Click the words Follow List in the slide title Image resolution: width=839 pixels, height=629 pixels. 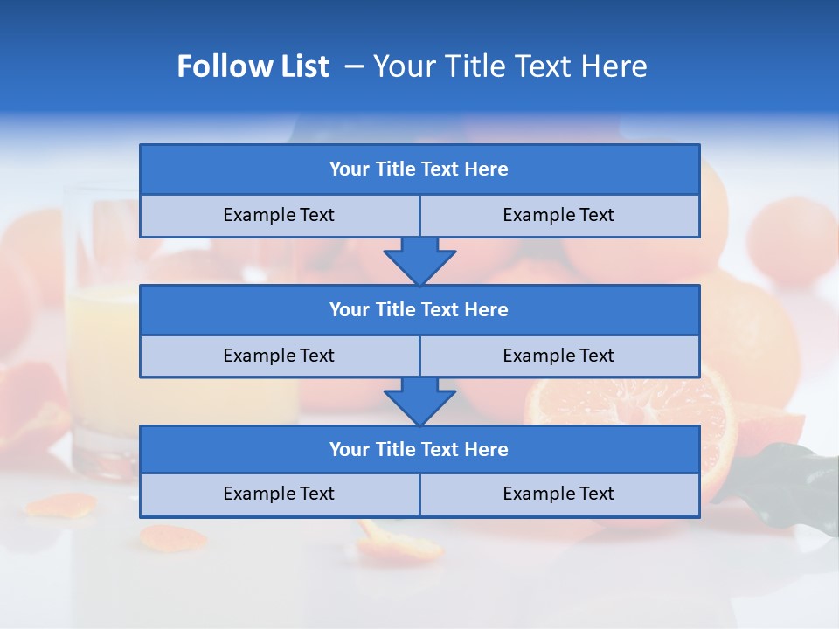pyautogui.click(x=253, y=66)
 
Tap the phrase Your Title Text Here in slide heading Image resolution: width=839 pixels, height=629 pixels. pyautogui.click(x=510, y=66)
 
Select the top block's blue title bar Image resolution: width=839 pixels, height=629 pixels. pyautogui.click(x=419, y=169)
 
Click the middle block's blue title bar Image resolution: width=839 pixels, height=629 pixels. pyautogui.click(x=419, y=310)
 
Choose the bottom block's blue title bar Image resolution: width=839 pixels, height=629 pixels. pyautogui.click(x=419, y=450)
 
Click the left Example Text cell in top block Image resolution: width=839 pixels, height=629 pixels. pyautogui.click(x=279, y=216)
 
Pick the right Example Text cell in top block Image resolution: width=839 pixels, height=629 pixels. pyautogui.click(x=559, y=216)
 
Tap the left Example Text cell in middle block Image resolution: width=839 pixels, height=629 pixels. pyautogui.click(x=279, y=356)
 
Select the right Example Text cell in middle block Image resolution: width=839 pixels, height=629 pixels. pyautogui.click(x=559, y=356)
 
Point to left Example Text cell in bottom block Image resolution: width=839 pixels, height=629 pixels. pyautogui.click(x=279, y=494)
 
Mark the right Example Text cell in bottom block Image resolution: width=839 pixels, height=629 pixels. pyautogui.click(x=559, y=494)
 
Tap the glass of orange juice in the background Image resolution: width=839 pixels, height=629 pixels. pyautogui.click(x=96, y=341)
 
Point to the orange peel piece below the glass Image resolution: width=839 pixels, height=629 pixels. pyautogui.click(x=61, y=505)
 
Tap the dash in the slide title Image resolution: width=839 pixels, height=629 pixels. pyautogui.click(x=354, y=66)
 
